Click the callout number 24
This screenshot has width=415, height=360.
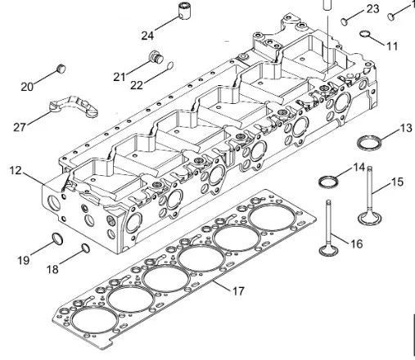click(x=147, y=35)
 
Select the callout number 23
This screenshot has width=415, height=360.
click(x=372, y=9)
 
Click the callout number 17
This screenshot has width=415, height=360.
click(x=238, y=290)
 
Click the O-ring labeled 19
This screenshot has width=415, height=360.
click(x=56, y=238)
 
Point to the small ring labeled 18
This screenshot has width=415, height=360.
click(x=86, y=248)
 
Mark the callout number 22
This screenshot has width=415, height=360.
click(x=138, y=84)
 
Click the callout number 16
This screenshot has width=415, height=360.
click(x=356, y=243)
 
